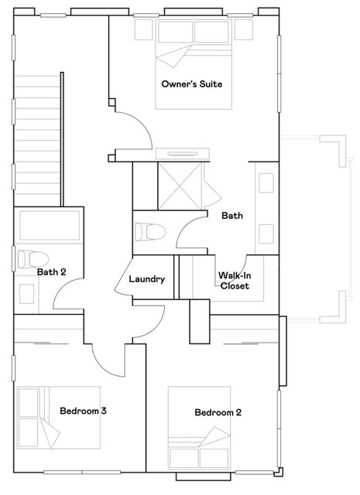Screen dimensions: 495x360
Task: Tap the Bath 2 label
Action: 50,271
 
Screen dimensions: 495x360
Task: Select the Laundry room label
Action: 147,279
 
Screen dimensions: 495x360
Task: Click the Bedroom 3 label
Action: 83,411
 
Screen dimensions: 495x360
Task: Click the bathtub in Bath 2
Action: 51,227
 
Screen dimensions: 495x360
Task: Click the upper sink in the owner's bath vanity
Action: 266,183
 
